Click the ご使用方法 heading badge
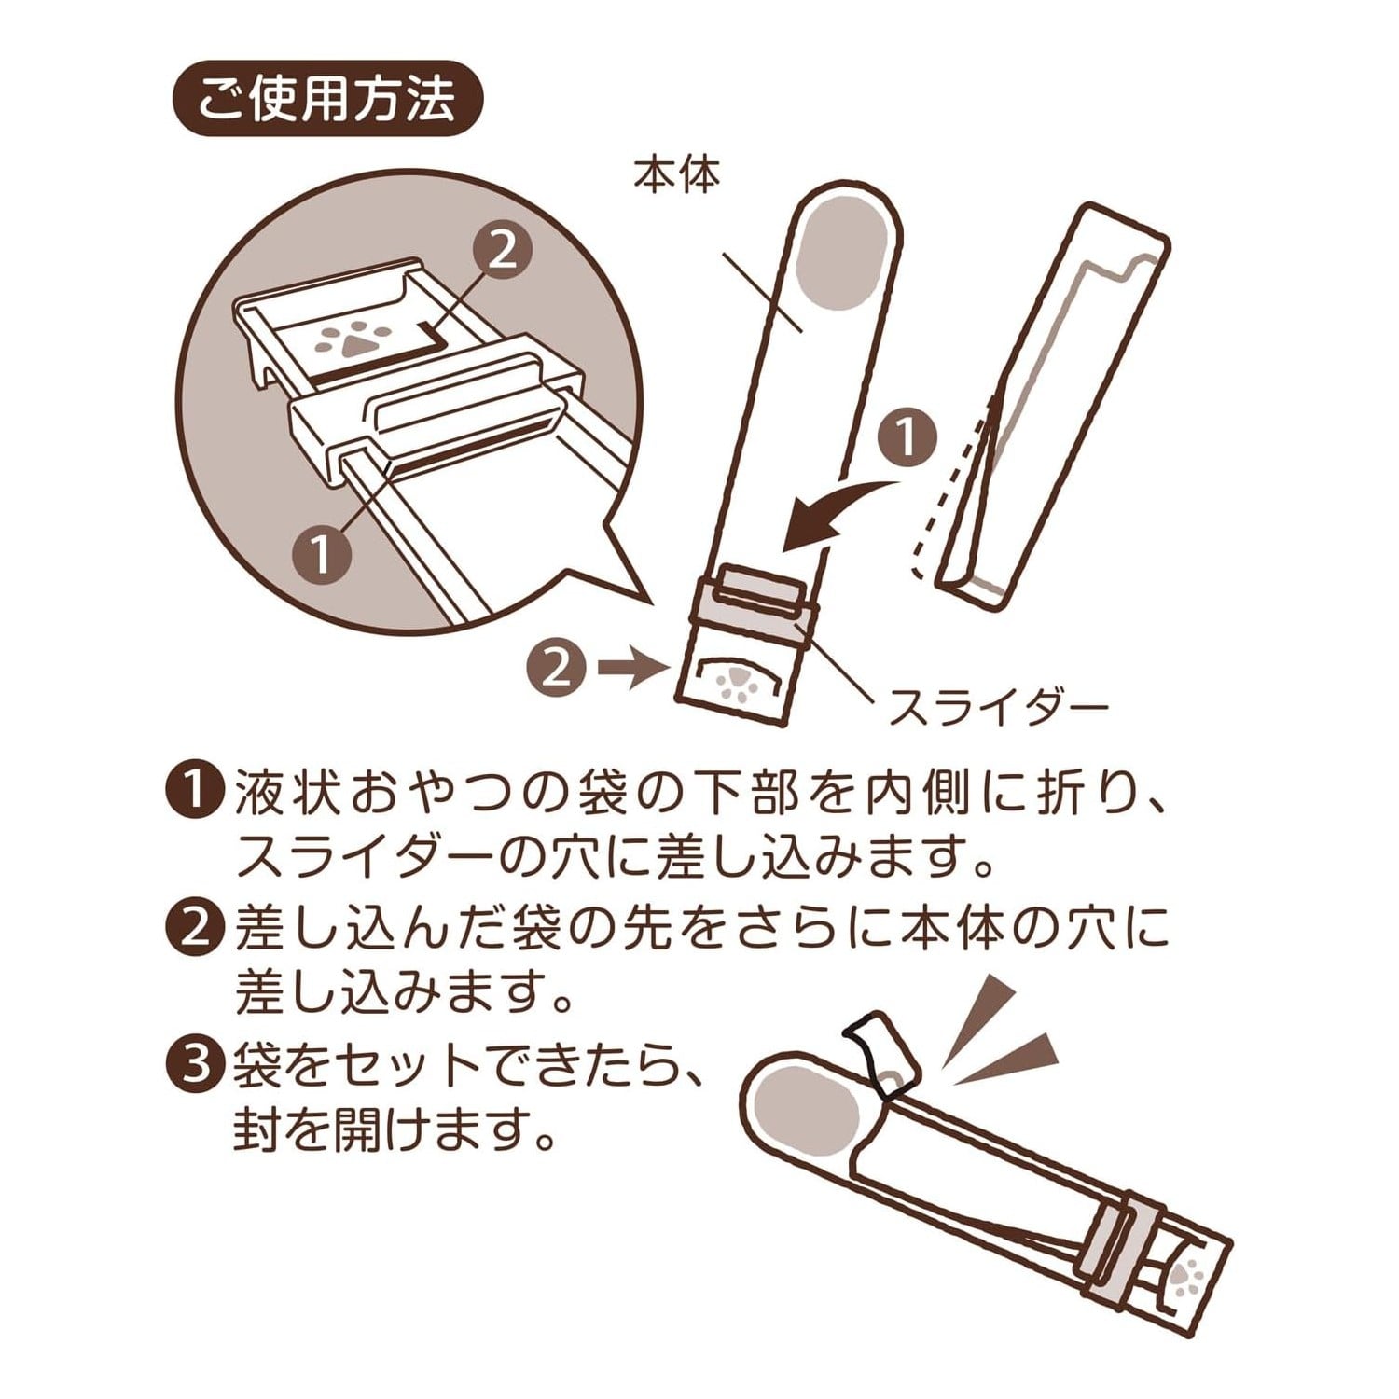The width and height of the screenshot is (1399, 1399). coord(328,99)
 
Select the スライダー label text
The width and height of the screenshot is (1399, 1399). coord(997,708)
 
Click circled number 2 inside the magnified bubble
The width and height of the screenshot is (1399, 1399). coord(502,251)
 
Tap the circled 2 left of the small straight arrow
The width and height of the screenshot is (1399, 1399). coord(557,668)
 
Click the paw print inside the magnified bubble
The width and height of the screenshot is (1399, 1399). coord(345,343)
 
